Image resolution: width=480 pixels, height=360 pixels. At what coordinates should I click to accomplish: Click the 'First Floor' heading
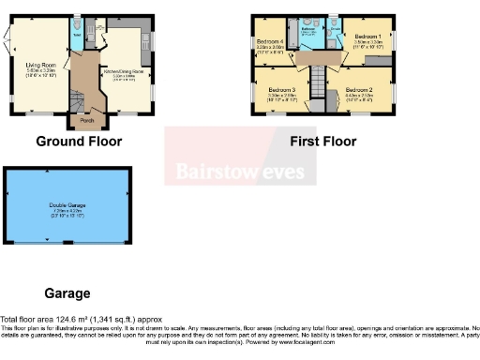point(322,142)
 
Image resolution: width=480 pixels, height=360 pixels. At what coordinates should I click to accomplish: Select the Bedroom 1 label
point(367,37)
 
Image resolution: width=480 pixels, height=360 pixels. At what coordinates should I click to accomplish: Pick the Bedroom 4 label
point(270,42)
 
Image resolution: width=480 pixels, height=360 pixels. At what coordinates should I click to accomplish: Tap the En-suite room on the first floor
point(334,34)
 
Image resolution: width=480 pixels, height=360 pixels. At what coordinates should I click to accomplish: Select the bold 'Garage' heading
point(67,293)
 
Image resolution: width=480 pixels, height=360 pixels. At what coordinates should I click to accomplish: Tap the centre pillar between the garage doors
point(67,244)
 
